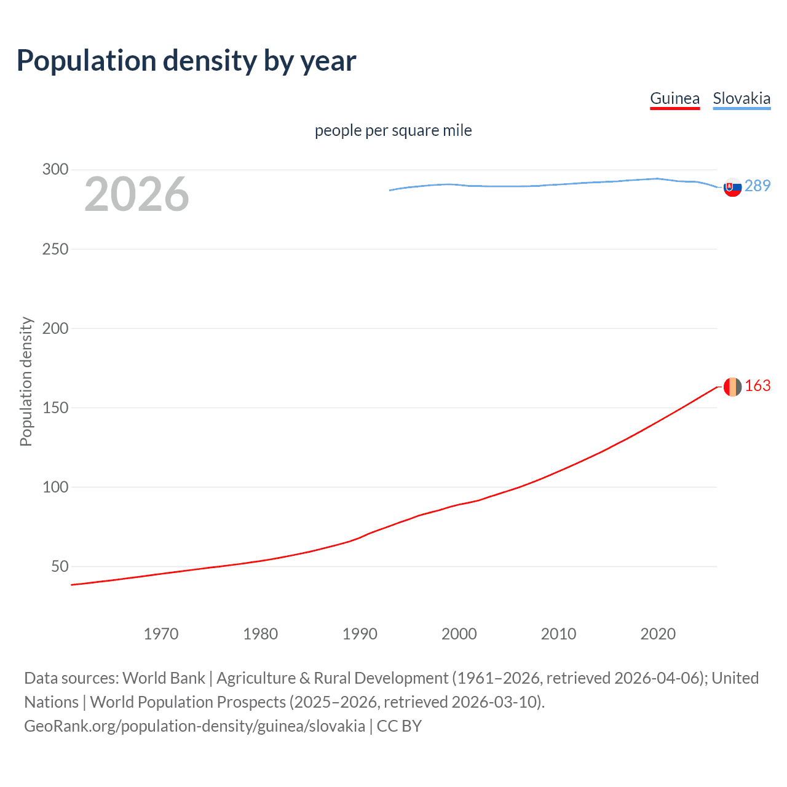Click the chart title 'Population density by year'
pos(186,61)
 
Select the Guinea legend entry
pos(674,98)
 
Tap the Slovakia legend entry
pos(742,98)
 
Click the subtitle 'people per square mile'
pos(393,130)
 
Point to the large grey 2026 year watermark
pos(136,194)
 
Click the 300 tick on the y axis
pos(55,170)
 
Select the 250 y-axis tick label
pos(55,249)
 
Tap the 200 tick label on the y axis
pos(55,328)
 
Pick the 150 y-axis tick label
pos(55,408)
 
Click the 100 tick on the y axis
pos(55,487)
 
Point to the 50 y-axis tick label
pos(60,566)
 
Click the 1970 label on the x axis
pos(161,634)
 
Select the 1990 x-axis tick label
pos(360,634)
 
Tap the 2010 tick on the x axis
pos(558,634)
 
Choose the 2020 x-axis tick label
pos(658,634)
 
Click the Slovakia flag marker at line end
pos(732,187)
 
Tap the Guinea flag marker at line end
pos(732,387)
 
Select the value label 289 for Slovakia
pos(757,186)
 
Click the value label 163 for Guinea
pos(757,386)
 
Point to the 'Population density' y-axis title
pos(26,381)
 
